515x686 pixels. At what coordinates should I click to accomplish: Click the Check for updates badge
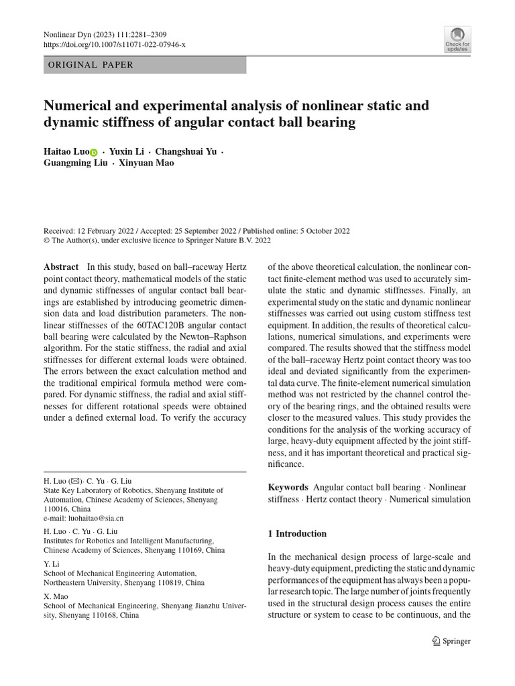[457, 40]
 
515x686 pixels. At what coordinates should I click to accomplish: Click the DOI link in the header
[114, 44]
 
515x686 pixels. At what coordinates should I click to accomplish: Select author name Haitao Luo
[65, 152]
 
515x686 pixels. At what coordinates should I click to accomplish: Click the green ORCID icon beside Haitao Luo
[93, 153]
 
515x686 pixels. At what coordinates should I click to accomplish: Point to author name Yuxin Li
[127, 152]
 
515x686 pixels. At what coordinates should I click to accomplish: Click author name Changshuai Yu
[186, 152]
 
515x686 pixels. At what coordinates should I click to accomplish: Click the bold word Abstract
[61, 266]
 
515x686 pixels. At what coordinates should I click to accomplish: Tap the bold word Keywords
[288, 487]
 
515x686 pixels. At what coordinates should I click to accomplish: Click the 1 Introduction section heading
[297, 534]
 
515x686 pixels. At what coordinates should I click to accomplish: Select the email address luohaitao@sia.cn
[83, 518]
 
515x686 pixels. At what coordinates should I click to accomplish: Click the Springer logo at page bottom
[451, 641]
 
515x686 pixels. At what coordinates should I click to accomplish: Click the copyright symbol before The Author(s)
[46, 241]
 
